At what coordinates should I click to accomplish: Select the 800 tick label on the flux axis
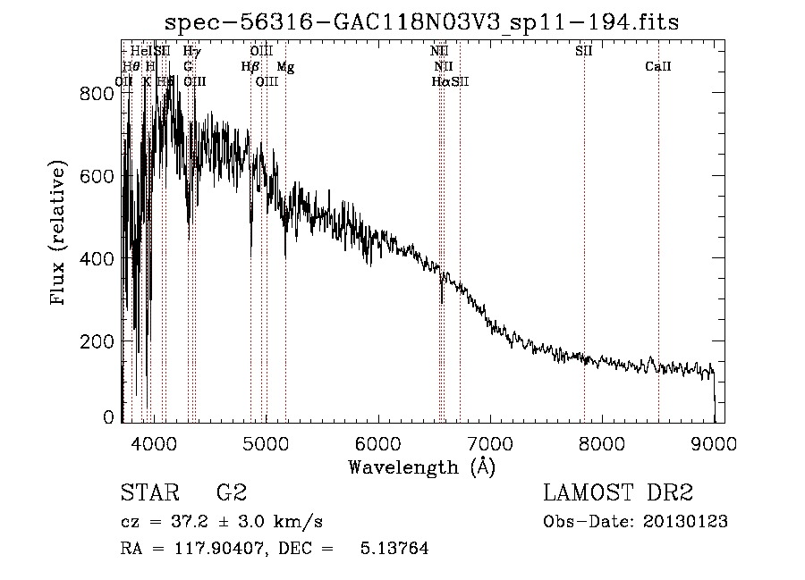point(96,93)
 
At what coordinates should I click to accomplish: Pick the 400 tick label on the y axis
point(96,259)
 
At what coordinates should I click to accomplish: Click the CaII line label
point(658,67)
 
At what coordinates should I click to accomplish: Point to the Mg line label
point(284,67)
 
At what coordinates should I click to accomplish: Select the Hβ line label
point(250,67)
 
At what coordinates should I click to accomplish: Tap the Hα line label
point(439,82)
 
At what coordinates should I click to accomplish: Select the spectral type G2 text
point(232,493)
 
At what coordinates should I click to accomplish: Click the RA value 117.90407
point(216,549)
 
